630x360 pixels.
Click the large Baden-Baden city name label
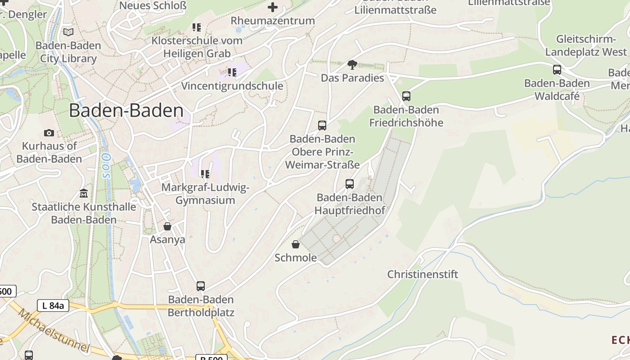click(126, 111)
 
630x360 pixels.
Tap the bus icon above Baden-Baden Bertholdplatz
click(201, 286)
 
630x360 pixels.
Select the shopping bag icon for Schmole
click(296, 244)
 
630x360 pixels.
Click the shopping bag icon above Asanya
click(167, 226)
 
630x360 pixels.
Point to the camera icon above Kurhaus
click(49, 133)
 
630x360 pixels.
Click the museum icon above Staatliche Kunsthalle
click(84, 193)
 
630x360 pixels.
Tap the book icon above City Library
click(68, 32)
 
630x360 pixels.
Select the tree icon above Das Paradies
click(352, 65)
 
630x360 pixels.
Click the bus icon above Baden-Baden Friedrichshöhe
click(406, 96)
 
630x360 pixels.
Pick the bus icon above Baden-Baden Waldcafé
click(557, 70)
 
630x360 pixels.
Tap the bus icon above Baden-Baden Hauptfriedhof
click(350, 184)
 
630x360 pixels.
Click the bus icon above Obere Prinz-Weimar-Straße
click(322, 126)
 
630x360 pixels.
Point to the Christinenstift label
click(423, 274)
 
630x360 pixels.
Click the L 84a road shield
click(53, 306)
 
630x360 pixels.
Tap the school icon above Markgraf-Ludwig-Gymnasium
click(205, 174)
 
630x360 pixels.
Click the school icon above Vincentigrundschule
click(232, 72)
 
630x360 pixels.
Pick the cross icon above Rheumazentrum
click(273, 7)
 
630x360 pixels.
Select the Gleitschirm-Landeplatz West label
click(585, 45)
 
